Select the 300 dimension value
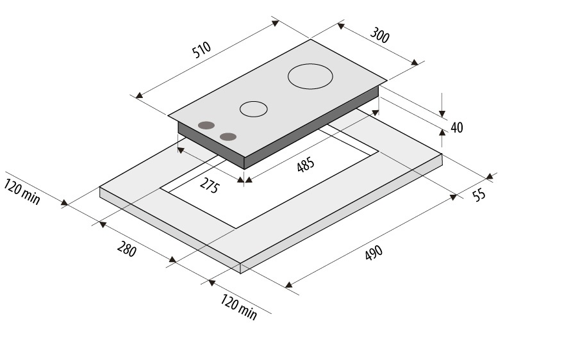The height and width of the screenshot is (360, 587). (380, 37)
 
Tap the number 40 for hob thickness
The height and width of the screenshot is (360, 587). (456, 127)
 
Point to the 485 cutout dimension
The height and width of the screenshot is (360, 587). (306, 165)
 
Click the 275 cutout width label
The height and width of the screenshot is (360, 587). (210, 187)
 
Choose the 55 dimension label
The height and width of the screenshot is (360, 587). (479, 195)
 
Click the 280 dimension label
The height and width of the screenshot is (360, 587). (126, 249)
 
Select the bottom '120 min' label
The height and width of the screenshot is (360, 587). (238, 307)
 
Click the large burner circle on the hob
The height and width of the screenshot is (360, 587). (311, 77)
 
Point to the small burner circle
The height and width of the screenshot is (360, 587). (254, 109)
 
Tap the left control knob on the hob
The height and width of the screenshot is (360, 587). (206, 126)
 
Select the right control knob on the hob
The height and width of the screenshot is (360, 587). (227, 136)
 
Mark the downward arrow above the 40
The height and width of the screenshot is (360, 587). (442, 113)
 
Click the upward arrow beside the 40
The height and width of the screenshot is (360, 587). (442, 133)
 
